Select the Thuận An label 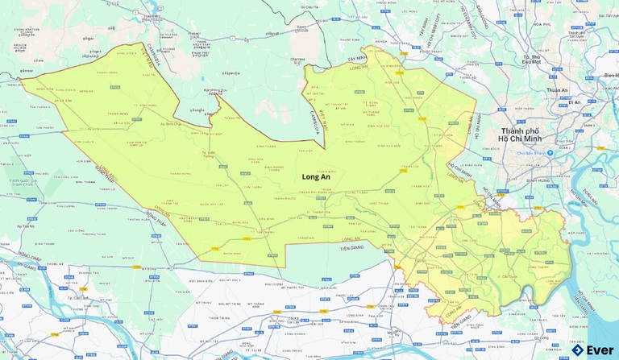coord(557,90)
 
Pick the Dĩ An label coord(574,102)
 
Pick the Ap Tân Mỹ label coord(23,227)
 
